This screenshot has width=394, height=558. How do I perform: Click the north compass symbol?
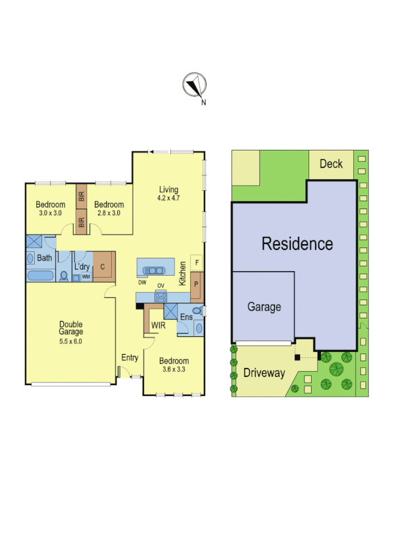coord(194,86)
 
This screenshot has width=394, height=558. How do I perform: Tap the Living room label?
coord(168,190)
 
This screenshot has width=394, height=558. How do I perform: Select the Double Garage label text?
coord(70,328)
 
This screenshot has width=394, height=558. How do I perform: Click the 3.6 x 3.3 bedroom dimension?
coord(174,370)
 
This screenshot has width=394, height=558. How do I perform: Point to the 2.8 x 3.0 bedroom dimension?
coord(108,213)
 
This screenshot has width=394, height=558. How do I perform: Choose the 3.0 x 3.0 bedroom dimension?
coord(50,213)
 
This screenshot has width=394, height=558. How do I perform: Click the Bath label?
coord(44,258)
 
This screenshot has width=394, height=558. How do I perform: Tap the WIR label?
coord(158,325)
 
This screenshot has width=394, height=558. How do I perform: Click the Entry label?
coord(130,358)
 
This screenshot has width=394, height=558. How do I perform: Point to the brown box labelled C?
coord(103,267)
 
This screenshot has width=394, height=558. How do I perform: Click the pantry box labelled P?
coord(196,284)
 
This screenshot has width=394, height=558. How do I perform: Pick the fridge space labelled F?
coord(196,263)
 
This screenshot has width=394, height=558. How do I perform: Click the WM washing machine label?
coord(86,277)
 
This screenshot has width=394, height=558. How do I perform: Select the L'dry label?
coord(82,266)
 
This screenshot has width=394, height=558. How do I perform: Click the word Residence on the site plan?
coord(297,243)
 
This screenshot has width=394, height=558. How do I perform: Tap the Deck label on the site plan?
coord(331,163)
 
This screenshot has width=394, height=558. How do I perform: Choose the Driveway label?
coord(264,373)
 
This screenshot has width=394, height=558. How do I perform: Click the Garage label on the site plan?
coord(264,307)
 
